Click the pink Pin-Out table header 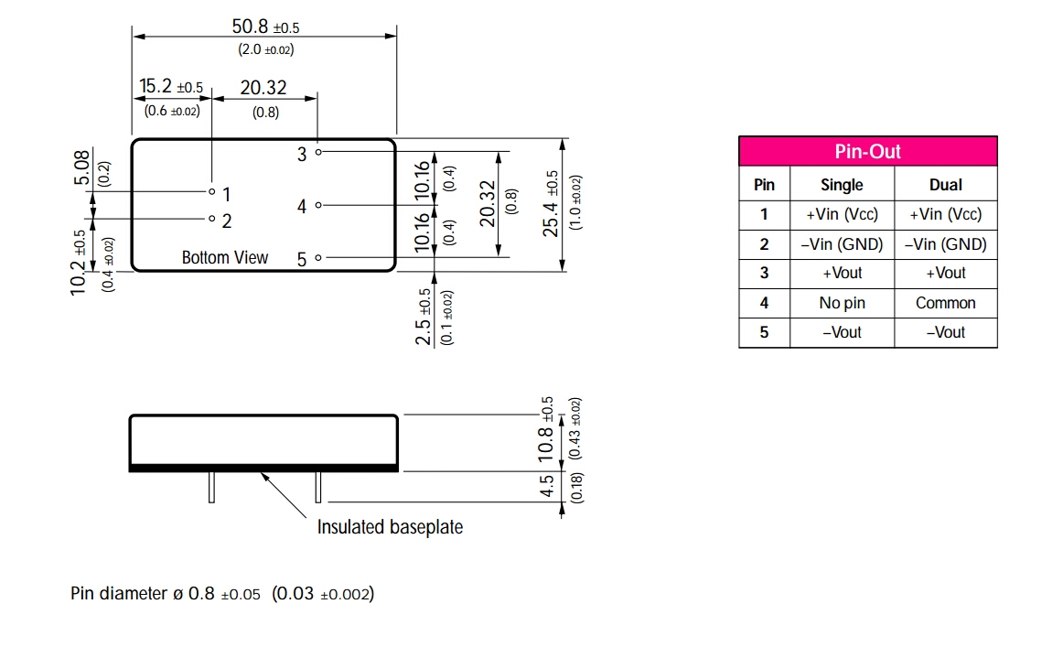point(867,151)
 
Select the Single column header point(842,185)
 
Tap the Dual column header point(945,185)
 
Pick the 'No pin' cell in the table point(842,303)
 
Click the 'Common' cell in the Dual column point(945,303)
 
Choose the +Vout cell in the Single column point(842,273)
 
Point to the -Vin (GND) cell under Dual point(945,244)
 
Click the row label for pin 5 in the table point(764,332)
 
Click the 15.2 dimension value point(155,87)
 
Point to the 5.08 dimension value point(81,168)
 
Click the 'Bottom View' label point(225,257)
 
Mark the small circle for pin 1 point(211,192)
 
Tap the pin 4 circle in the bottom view point(318,205)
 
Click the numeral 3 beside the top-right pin point(302,155)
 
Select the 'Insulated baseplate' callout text point(390,527)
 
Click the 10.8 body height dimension point(546,443)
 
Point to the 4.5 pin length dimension point(546,485)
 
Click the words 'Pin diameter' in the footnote point(117,594)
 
